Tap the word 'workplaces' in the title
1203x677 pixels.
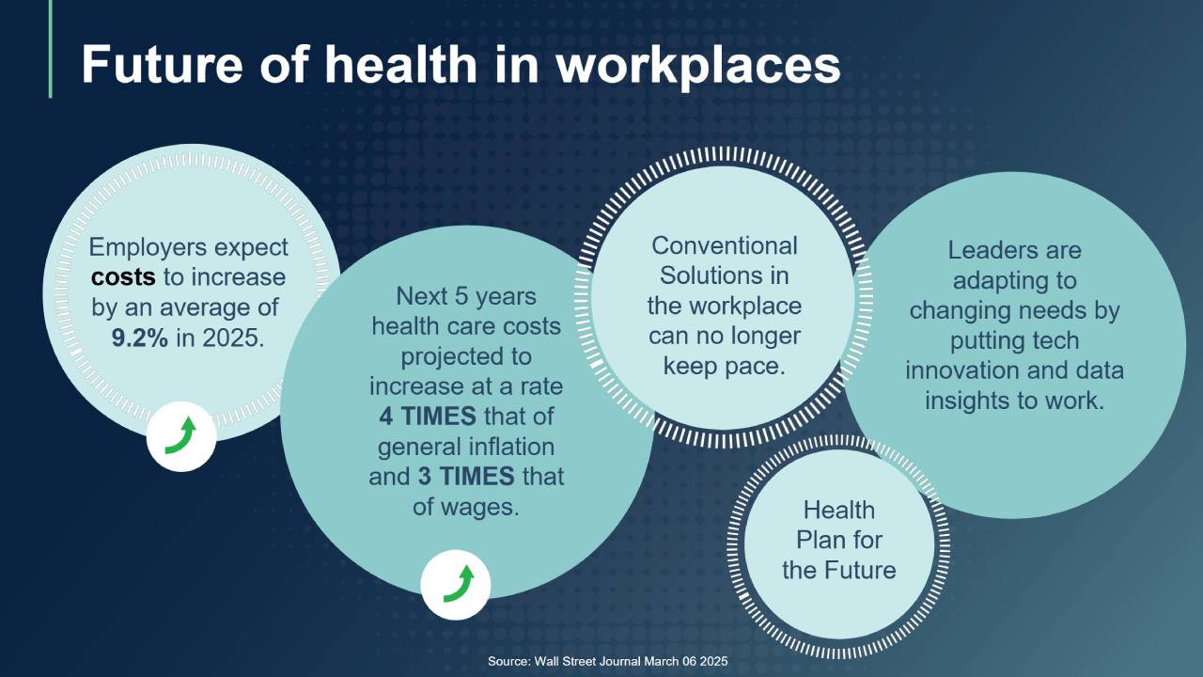pos(698,67)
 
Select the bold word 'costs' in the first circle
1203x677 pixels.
pos(123,277)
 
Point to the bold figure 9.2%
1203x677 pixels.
pos(140,338)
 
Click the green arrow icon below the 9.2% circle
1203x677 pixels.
pos(181,435)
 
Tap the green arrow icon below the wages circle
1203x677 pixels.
pos(458,584)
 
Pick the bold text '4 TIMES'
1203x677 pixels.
pos(428,416)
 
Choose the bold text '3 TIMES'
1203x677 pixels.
pos(466,476)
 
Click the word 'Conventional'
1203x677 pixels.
pos(725,246)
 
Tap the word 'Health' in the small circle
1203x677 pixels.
pos(839,510)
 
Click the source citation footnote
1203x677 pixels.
pos(607,661)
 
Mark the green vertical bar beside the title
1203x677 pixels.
pos(51,49)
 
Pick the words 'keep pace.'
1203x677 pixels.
pos(725,367)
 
